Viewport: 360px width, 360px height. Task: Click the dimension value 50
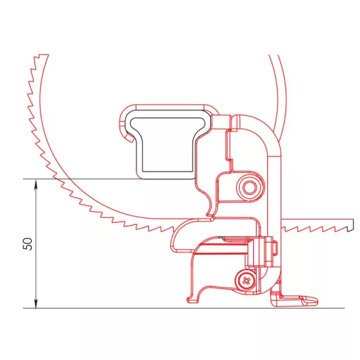pos(28,244)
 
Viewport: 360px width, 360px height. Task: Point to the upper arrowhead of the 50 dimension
pos(36,184)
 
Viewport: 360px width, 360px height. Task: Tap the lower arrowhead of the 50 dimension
pos(36,304)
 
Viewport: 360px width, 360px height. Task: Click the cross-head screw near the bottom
pos(245,281)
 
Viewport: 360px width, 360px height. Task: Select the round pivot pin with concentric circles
pos(249,188)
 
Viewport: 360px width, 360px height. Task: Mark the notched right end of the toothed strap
pos(349,225)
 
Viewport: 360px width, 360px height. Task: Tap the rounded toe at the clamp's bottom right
pos(310,301)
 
